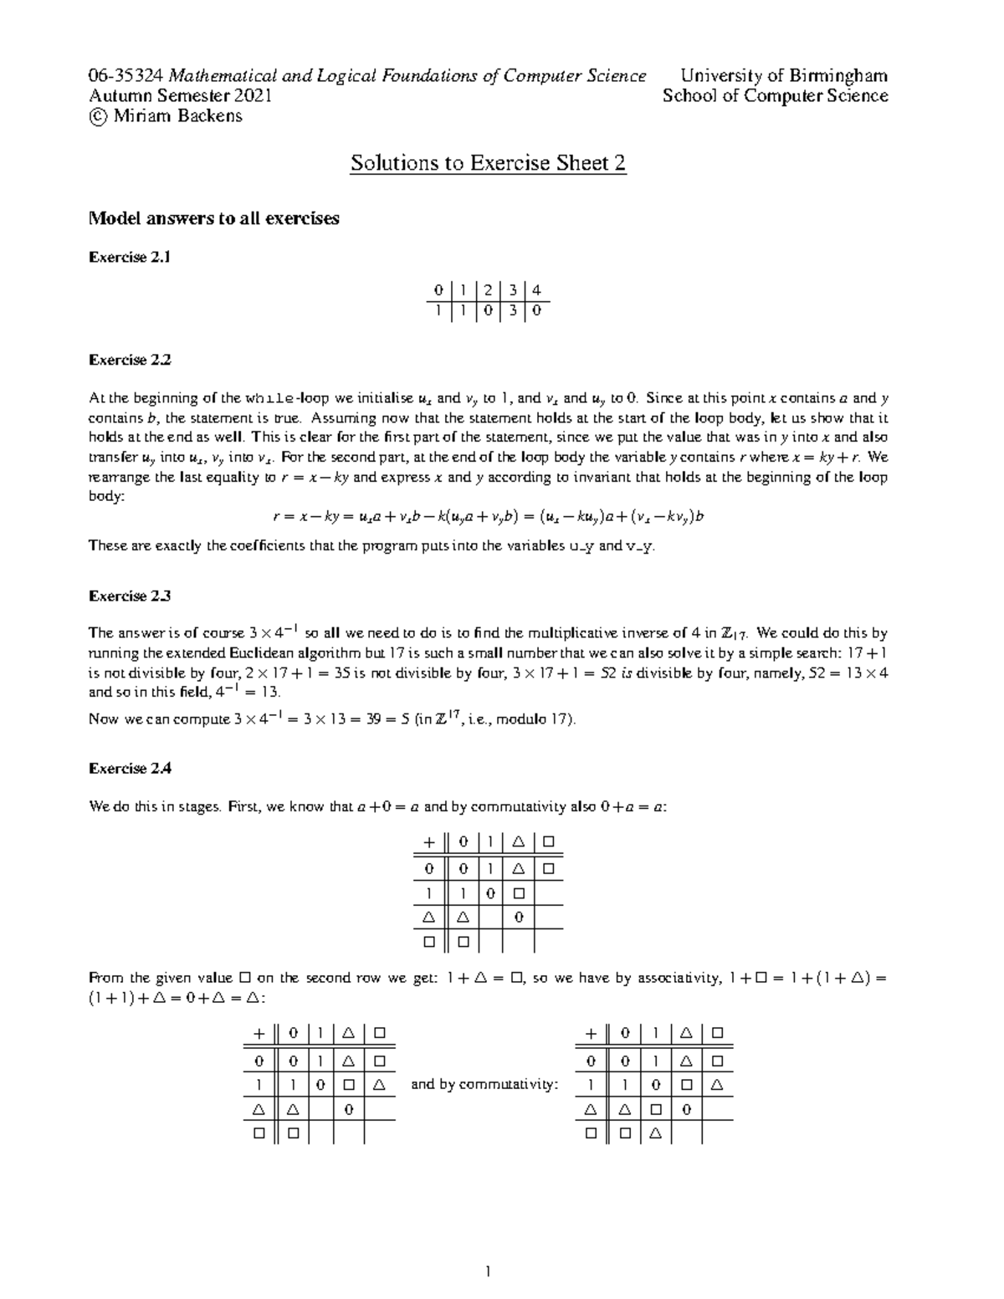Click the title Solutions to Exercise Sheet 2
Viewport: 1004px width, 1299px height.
(x=488, y=162)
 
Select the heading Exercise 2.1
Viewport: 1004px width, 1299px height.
(x=130, y=258)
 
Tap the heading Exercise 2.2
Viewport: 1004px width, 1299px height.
(x=130, y=361)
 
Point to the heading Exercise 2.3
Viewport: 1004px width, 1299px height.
(x=130, y=596)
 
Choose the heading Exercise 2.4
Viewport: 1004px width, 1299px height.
(x=130, y=768)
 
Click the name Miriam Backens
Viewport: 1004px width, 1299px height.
(x=177, y=115)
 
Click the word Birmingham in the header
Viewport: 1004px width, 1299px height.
(x=840, y=76)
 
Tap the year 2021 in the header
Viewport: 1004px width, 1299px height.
(x=254, y=95)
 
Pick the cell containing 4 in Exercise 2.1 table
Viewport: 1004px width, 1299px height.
(x=536, y=291)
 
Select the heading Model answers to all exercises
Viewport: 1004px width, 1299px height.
(x=214, y=218)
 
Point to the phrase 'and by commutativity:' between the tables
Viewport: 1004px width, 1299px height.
(x=484, y=1085)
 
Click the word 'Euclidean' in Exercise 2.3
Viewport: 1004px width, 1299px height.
(x=231, y=652)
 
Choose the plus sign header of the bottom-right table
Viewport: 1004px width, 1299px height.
(x=592, y=1033)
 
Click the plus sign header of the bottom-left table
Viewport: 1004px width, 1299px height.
(x=259, y=1033)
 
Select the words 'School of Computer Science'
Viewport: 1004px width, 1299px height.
(x=775, y=95)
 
